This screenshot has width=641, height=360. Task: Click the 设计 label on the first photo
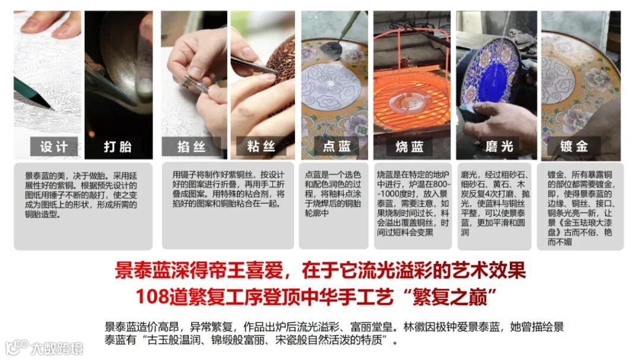[54, 146]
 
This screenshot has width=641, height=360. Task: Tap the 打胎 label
[118, 146]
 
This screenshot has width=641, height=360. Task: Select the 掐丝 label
[191, 146]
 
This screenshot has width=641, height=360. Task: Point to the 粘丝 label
[262, 146]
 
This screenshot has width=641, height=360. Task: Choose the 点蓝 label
[337, 146]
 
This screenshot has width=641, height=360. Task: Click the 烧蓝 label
[409, 146]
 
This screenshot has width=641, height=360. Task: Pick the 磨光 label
[499, 146]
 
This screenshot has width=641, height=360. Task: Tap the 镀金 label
[575, 146]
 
